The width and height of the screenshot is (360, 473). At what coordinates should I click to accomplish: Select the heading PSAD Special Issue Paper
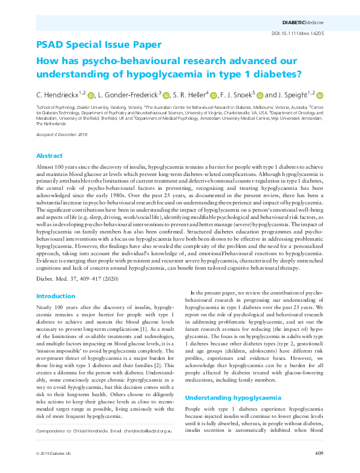click(99, 45)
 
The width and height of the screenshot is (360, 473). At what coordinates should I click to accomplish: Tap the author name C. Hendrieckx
click(59, 95)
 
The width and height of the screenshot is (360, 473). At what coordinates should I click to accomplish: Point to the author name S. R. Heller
click(188, 95)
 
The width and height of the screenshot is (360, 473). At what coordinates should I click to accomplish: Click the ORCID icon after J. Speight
click(320, 95)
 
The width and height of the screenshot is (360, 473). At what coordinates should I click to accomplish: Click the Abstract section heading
click(49, 155)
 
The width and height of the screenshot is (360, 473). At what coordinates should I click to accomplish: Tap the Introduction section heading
click(56, 296)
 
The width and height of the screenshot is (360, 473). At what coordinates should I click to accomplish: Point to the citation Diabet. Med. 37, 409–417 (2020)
click(76, 280)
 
